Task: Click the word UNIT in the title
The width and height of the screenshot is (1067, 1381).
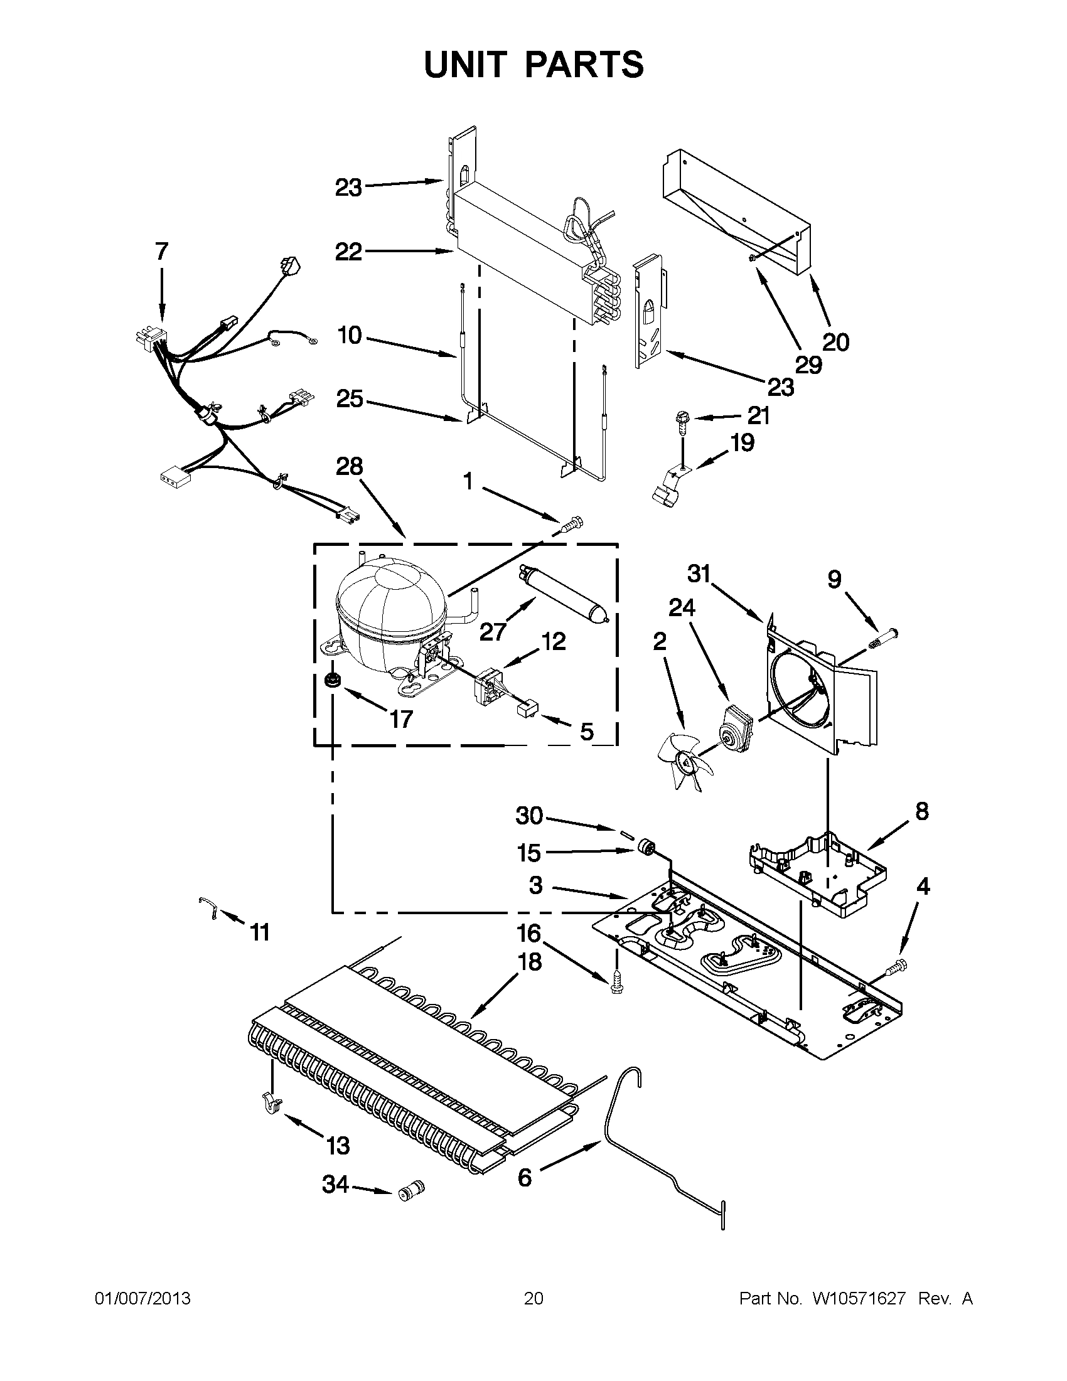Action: (x=464, y=65)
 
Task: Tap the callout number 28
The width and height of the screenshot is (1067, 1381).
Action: (x=349, y=467)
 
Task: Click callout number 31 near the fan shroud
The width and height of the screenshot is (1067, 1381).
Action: (x=700, y=574)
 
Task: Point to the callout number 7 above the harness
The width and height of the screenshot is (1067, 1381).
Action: (x=162, y=252)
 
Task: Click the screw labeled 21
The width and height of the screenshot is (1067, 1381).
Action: (x=682, y=420)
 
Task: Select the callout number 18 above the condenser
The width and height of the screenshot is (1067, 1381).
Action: (x=529, y=962)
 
